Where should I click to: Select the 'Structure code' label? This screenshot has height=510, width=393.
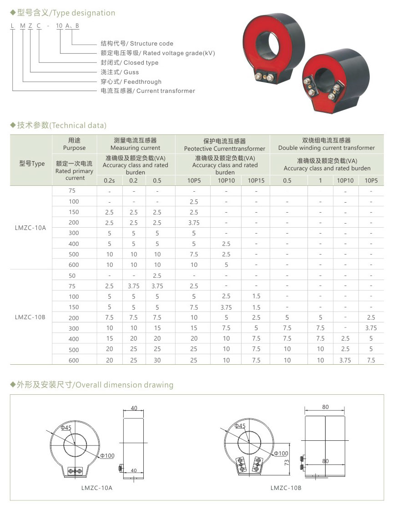[137, 44]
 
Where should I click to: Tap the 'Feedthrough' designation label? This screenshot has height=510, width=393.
[131, 82]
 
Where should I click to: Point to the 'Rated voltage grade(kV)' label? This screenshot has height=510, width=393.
[157, 53]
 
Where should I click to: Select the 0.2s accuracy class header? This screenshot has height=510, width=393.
[109, 180]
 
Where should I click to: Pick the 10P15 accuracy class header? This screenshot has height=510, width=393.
[256, 180]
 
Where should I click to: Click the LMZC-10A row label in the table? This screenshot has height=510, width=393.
[31, 228]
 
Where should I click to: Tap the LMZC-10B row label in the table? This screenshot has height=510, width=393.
[31, 317]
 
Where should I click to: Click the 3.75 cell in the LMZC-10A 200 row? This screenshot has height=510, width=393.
[194, 223]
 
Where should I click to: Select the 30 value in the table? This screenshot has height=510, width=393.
[157, 360]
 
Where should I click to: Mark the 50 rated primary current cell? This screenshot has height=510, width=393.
[73, 275]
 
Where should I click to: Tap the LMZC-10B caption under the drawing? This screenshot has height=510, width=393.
[286, 488]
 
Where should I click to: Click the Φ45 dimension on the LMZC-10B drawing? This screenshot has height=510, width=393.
[240, 426]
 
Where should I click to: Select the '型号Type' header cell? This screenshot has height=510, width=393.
[32, 164]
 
